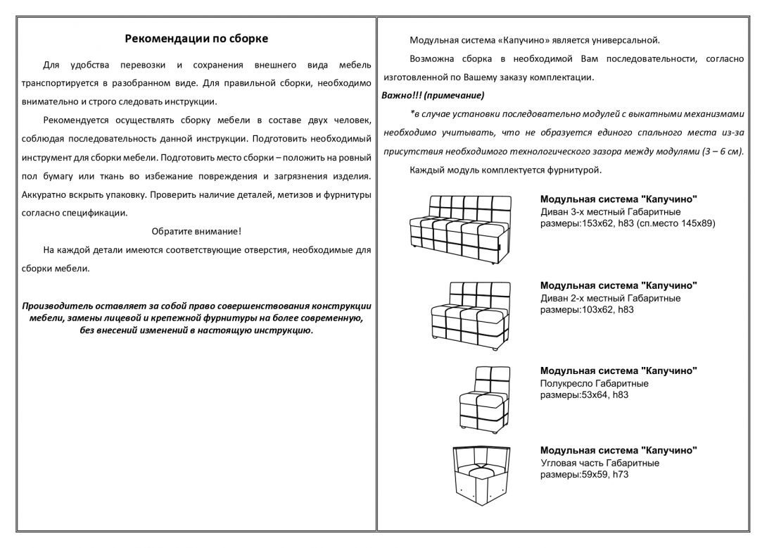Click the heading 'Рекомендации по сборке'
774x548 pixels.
pos(196,39)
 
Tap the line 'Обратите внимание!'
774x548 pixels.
pos(196,231)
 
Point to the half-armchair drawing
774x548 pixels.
pos(482,397)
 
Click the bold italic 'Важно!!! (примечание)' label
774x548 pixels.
pos(433,95)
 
